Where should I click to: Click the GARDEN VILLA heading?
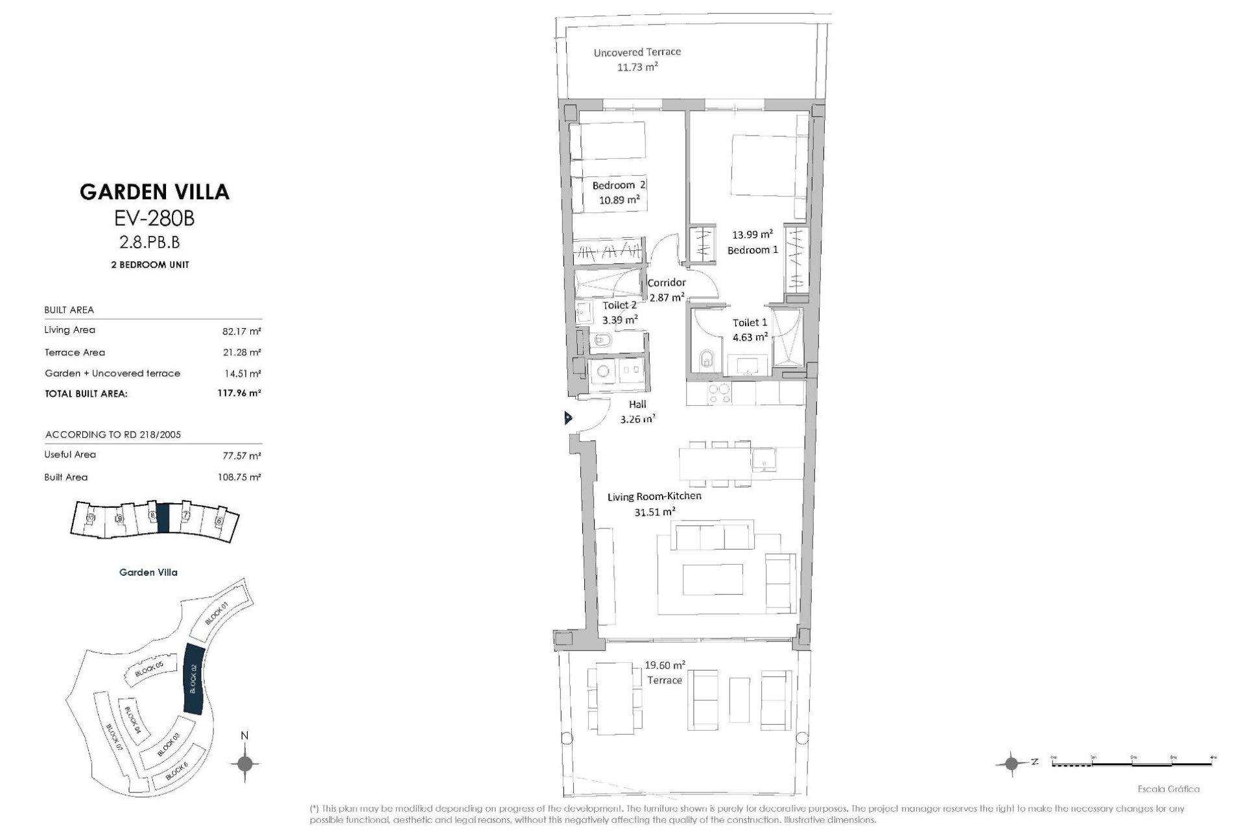(x=154, y=191)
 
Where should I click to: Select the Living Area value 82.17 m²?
(x=241, y=331)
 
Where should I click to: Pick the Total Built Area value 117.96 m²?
(x=239, y=393)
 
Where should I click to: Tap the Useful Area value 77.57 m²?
(x=241, y=456)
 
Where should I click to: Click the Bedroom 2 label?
(x=619, y=185)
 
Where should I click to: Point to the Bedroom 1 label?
(x=752, y=250)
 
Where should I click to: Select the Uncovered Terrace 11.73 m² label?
(x=637, y=59)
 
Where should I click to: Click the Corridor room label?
(x=667, y=283)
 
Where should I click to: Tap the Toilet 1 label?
(x=750, y=322)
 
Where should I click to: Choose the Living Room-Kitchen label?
(x=654, y=497)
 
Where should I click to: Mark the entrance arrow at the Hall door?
(x=568, y=418)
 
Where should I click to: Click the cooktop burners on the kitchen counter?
(x=718, y=394)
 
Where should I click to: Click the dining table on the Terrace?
(x=615, y=698)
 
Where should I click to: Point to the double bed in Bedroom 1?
(x=765, y=165)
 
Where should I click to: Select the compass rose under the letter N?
(x=244, y=763)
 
